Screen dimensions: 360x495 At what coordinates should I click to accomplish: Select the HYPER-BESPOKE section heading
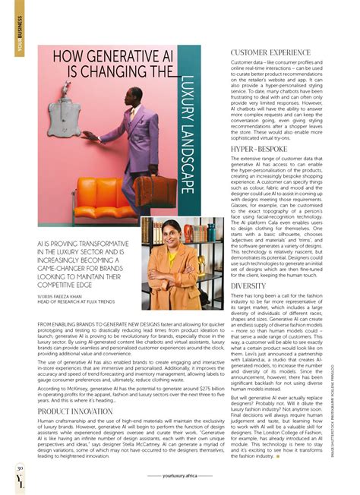point(257,150)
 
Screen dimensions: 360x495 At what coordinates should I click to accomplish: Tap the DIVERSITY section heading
point(248,286)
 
